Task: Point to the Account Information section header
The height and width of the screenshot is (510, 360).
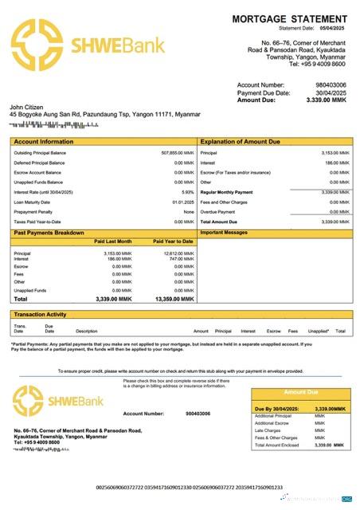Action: pyautogui.click(x=40, y=141)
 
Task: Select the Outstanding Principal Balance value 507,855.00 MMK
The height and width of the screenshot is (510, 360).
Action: pyautogui.click(x=178, y=152)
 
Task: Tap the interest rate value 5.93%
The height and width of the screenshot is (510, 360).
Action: pyautogui.click(x=188, y=192)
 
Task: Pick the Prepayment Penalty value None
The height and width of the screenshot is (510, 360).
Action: pyautogui.click(x=189, y=212)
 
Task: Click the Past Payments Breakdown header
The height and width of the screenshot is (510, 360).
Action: pyautogui.click(x=49, y=232)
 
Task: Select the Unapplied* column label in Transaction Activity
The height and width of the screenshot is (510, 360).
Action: pyautogui.click(x=319, y=331)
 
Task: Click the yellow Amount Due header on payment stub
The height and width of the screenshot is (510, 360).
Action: pyautogui.click(x=301, y=392)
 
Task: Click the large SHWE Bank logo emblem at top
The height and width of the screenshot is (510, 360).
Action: pyautogui.click(x=41, y=44)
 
